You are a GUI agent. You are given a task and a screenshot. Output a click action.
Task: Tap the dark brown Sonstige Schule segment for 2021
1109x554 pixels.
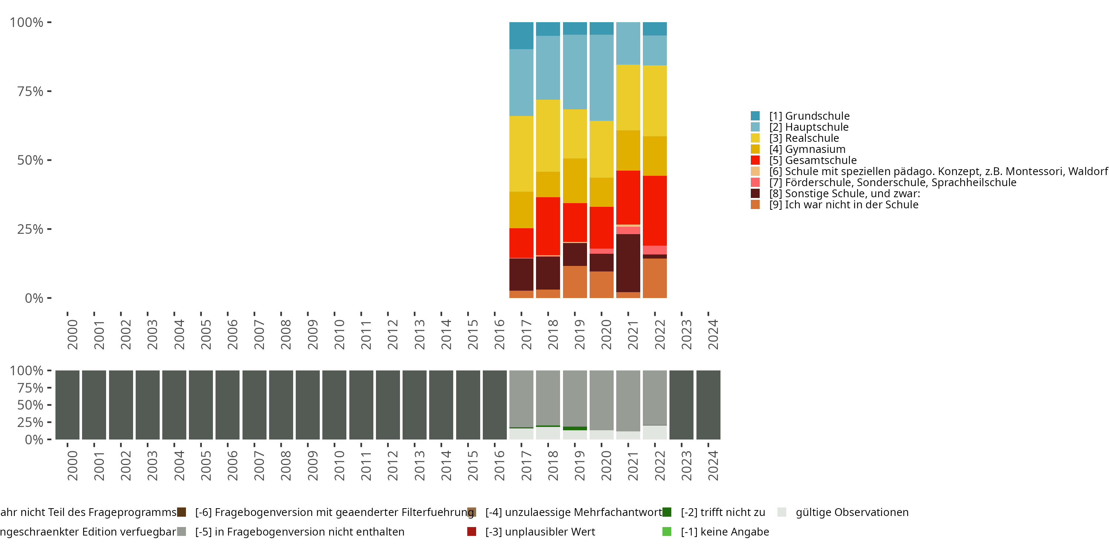(x=628, y=263)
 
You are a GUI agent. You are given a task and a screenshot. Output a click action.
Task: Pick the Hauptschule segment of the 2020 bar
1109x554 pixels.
(x=601, y=78)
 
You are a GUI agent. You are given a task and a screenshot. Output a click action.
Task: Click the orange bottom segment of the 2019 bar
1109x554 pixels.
(x=575, y=282)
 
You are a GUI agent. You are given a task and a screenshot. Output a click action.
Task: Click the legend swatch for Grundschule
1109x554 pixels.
(x=755, y=116)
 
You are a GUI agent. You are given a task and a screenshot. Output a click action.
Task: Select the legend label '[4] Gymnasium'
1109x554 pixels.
(x=807, y=149)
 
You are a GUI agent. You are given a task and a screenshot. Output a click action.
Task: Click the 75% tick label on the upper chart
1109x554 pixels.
(x=30, y=91)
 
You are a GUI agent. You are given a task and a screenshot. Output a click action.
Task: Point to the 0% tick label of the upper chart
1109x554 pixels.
(x=34, y=298)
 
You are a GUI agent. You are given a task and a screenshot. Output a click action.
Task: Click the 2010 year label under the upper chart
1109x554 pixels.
(x=339, y=334)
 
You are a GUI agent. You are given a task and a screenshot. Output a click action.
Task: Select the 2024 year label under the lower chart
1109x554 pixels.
(x=713, y=465)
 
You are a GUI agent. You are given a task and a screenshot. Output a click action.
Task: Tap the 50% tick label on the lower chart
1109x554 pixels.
(x=30, y=405)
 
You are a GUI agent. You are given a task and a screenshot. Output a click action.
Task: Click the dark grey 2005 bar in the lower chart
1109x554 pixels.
(x=201, y=405)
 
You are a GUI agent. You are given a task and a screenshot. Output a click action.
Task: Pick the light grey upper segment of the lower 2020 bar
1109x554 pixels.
(x=601, y=400)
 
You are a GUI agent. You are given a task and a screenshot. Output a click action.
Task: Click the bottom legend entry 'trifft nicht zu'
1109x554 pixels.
(x=723, y=512)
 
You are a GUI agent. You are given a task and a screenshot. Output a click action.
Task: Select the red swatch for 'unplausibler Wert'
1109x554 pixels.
(x=471, y=531)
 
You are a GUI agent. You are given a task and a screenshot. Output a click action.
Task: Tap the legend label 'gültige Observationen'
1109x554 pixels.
(x=852, y=512)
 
